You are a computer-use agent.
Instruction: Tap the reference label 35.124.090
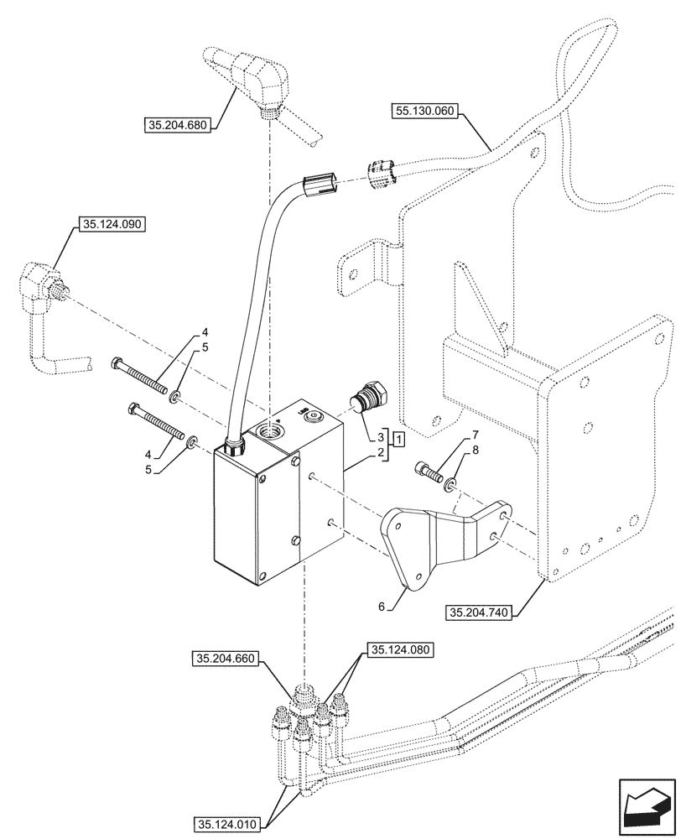click(x=112, y=225)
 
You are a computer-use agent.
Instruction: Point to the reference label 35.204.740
click(x=481, y=612)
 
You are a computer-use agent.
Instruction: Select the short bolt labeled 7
click(x=429, y=473)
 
